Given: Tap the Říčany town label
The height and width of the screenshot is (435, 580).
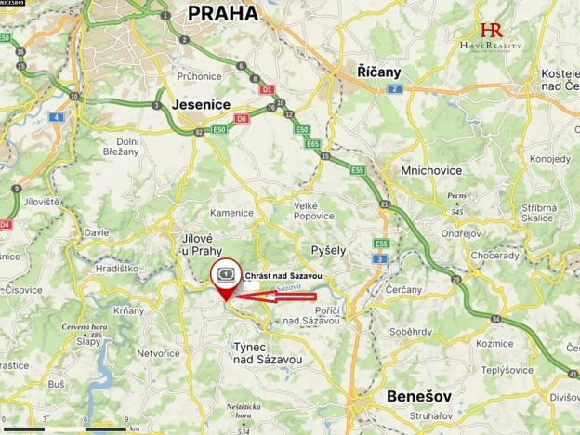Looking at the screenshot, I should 378,71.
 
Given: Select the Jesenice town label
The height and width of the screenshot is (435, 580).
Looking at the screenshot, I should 201,106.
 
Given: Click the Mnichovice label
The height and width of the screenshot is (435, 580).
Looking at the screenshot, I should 427,171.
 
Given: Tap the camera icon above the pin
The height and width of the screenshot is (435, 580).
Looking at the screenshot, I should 224,274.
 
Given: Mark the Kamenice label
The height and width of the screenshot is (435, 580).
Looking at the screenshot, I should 231,213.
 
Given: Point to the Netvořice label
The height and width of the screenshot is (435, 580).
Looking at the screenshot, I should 158,353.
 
